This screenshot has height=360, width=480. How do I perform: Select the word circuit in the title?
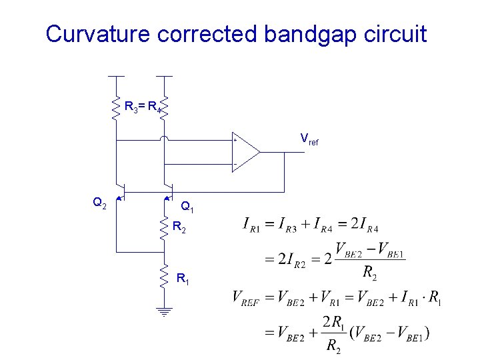click(394, 33)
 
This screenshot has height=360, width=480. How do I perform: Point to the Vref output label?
click(309, 140)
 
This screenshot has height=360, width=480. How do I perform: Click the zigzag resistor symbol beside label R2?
click(164, 228)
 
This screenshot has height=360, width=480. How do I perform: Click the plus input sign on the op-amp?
click(235, 141)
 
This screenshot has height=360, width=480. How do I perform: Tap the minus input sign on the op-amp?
click(235, 163)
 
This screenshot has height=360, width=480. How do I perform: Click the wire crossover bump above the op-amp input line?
click(164, 139)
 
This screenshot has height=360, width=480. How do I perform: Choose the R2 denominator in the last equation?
click(334, 345)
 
